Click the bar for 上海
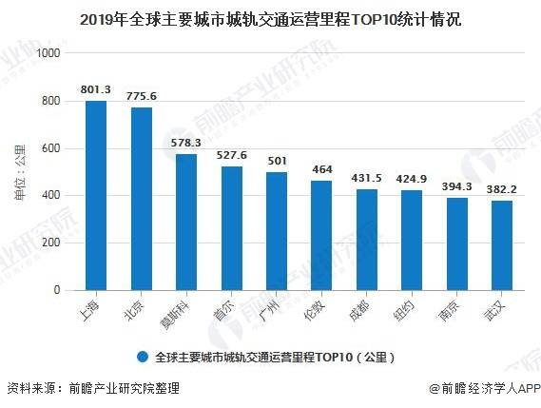96,195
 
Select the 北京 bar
142,199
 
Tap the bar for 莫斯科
186,222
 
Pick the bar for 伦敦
321,236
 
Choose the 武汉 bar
502,245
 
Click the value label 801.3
96,89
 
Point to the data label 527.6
231,155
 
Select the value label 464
322,169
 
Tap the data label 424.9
412,179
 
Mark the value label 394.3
456,186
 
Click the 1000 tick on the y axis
48,53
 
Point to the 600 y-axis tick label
50,148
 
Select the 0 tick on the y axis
57,290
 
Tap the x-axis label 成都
358,310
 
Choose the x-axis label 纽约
403,310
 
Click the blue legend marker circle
143,357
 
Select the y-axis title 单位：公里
20,172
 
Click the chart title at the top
270,20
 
